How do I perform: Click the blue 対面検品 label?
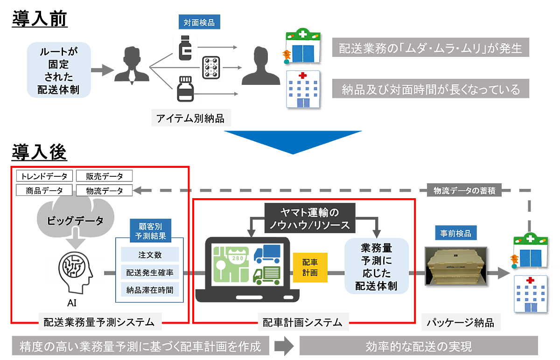point(199,22)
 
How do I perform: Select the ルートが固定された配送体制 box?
point(58,69)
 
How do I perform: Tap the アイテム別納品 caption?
point(190,118)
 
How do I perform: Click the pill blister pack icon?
point(211,68)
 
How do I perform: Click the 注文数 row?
point(150,255)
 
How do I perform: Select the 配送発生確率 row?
point(150,272)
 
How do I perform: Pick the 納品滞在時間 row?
point(150,290)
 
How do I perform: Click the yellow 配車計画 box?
point(310,267)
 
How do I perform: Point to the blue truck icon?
point(267,254)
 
